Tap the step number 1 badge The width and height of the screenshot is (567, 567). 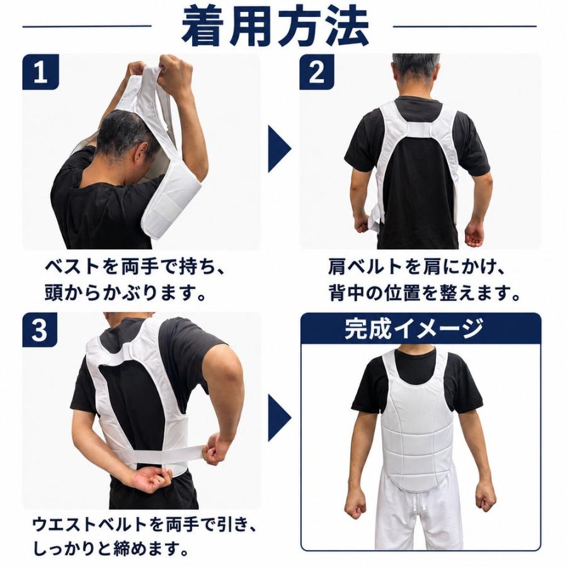pos(40,72)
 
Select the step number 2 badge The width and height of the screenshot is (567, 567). pos(317,72)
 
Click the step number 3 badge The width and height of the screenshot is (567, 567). pos(40,329)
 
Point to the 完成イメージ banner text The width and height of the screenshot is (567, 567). pos(414,328)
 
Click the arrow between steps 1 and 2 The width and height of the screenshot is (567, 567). pos(279,149)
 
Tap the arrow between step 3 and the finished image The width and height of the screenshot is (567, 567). pos(279,418)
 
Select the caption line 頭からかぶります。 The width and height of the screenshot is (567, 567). pos(125,293)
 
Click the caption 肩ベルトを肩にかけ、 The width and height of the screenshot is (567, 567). pos(416,267)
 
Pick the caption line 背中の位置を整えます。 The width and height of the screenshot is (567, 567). pos(424,293)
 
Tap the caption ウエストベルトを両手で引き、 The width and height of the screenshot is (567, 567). pos(145,524)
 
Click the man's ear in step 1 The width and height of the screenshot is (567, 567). pos(142,154)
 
